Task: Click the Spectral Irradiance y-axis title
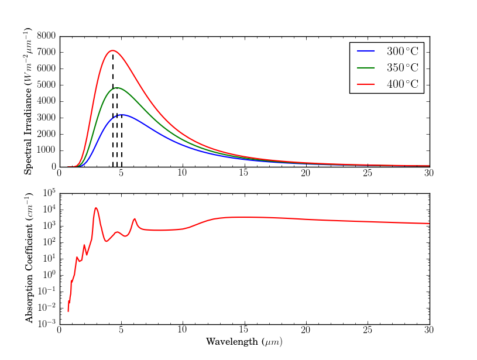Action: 29,102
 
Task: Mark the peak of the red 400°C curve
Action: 112,50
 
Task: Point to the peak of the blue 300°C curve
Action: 121,115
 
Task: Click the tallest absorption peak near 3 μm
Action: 96,208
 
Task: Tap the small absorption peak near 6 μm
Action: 135,219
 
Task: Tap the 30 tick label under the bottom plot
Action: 429,330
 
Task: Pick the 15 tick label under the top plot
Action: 244,173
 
